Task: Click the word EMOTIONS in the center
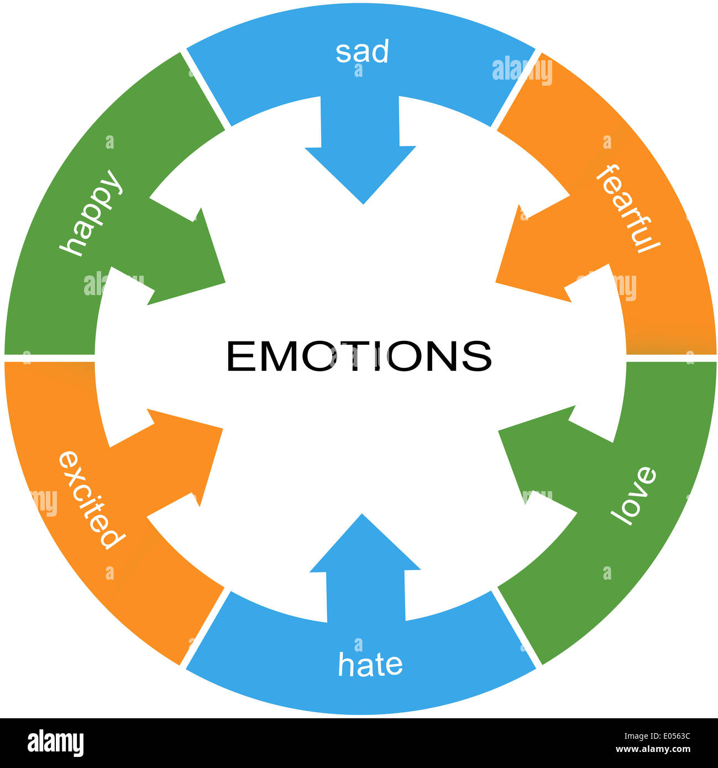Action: click(x=359, y=356)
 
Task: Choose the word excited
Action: click(x=89, y=499)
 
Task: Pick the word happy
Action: click(x=91, y=213)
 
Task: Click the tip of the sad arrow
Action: click(x=363, y=203)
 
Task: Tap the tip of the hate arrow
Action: click(x=363, y=515)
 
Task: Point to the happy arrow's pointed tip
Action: click(x=224, y=282)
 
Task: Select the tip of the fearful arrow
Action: click(x=496, y=282)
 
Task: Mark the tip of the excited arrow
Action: click(x=222, y=429)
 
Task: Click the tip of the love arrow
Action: click(x=500, y=431)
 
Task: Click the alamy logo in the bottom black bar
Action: click(x=55, y=743)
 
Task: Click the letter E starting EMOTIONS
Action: click(x=238, y=356)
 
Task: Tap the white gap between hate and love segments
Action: click(x=517, y=627)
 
